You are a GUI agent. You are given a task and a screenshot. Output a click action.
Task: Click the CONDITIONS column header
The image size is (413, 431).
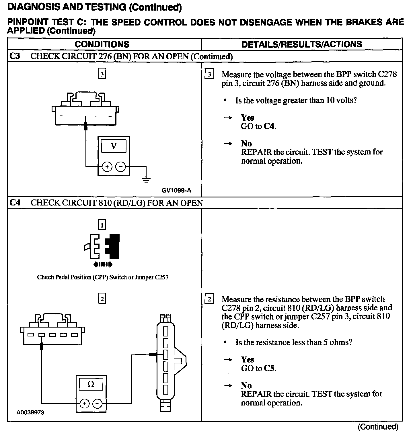102,44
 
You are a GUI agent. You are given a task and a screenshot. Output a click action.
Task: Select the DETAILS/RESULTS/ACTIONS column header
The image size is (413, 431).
302,44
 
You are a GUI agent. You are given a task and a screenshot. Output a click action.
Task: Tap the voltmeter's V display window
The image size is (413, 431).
114,146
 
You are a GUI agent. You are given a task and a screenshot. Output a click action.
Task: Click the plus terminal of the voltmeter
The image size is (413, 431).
107,166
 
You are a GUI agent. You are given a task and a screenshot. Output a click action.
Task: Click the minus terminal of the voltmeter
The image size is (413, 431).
120,166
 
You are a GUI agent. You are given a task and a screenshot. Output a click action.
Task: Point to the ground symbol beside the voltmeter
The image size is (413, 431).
146,180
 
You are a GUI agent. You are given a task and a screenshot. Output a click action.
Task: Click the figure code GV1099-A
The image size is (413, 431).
176,190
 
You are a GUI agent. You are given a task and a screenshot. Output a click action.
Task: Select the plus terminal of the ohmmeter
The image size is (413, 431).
84,404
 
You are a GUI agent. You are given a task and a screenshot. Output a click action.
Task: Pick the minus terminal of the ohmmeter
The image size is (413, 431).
97,404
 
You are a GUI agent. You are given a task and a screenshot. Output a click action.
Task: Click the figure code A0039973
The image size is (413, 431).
30,412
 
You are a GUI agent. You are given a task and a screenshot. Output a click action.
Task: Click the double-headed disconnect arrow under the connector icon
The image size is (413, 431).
103,265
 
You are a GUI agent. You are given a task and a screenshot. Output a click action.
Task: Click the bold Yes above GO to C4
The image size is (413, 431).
247,118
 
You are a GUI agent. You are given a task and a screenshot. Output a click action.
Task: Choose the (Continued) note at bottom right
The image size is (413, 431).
378,427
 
